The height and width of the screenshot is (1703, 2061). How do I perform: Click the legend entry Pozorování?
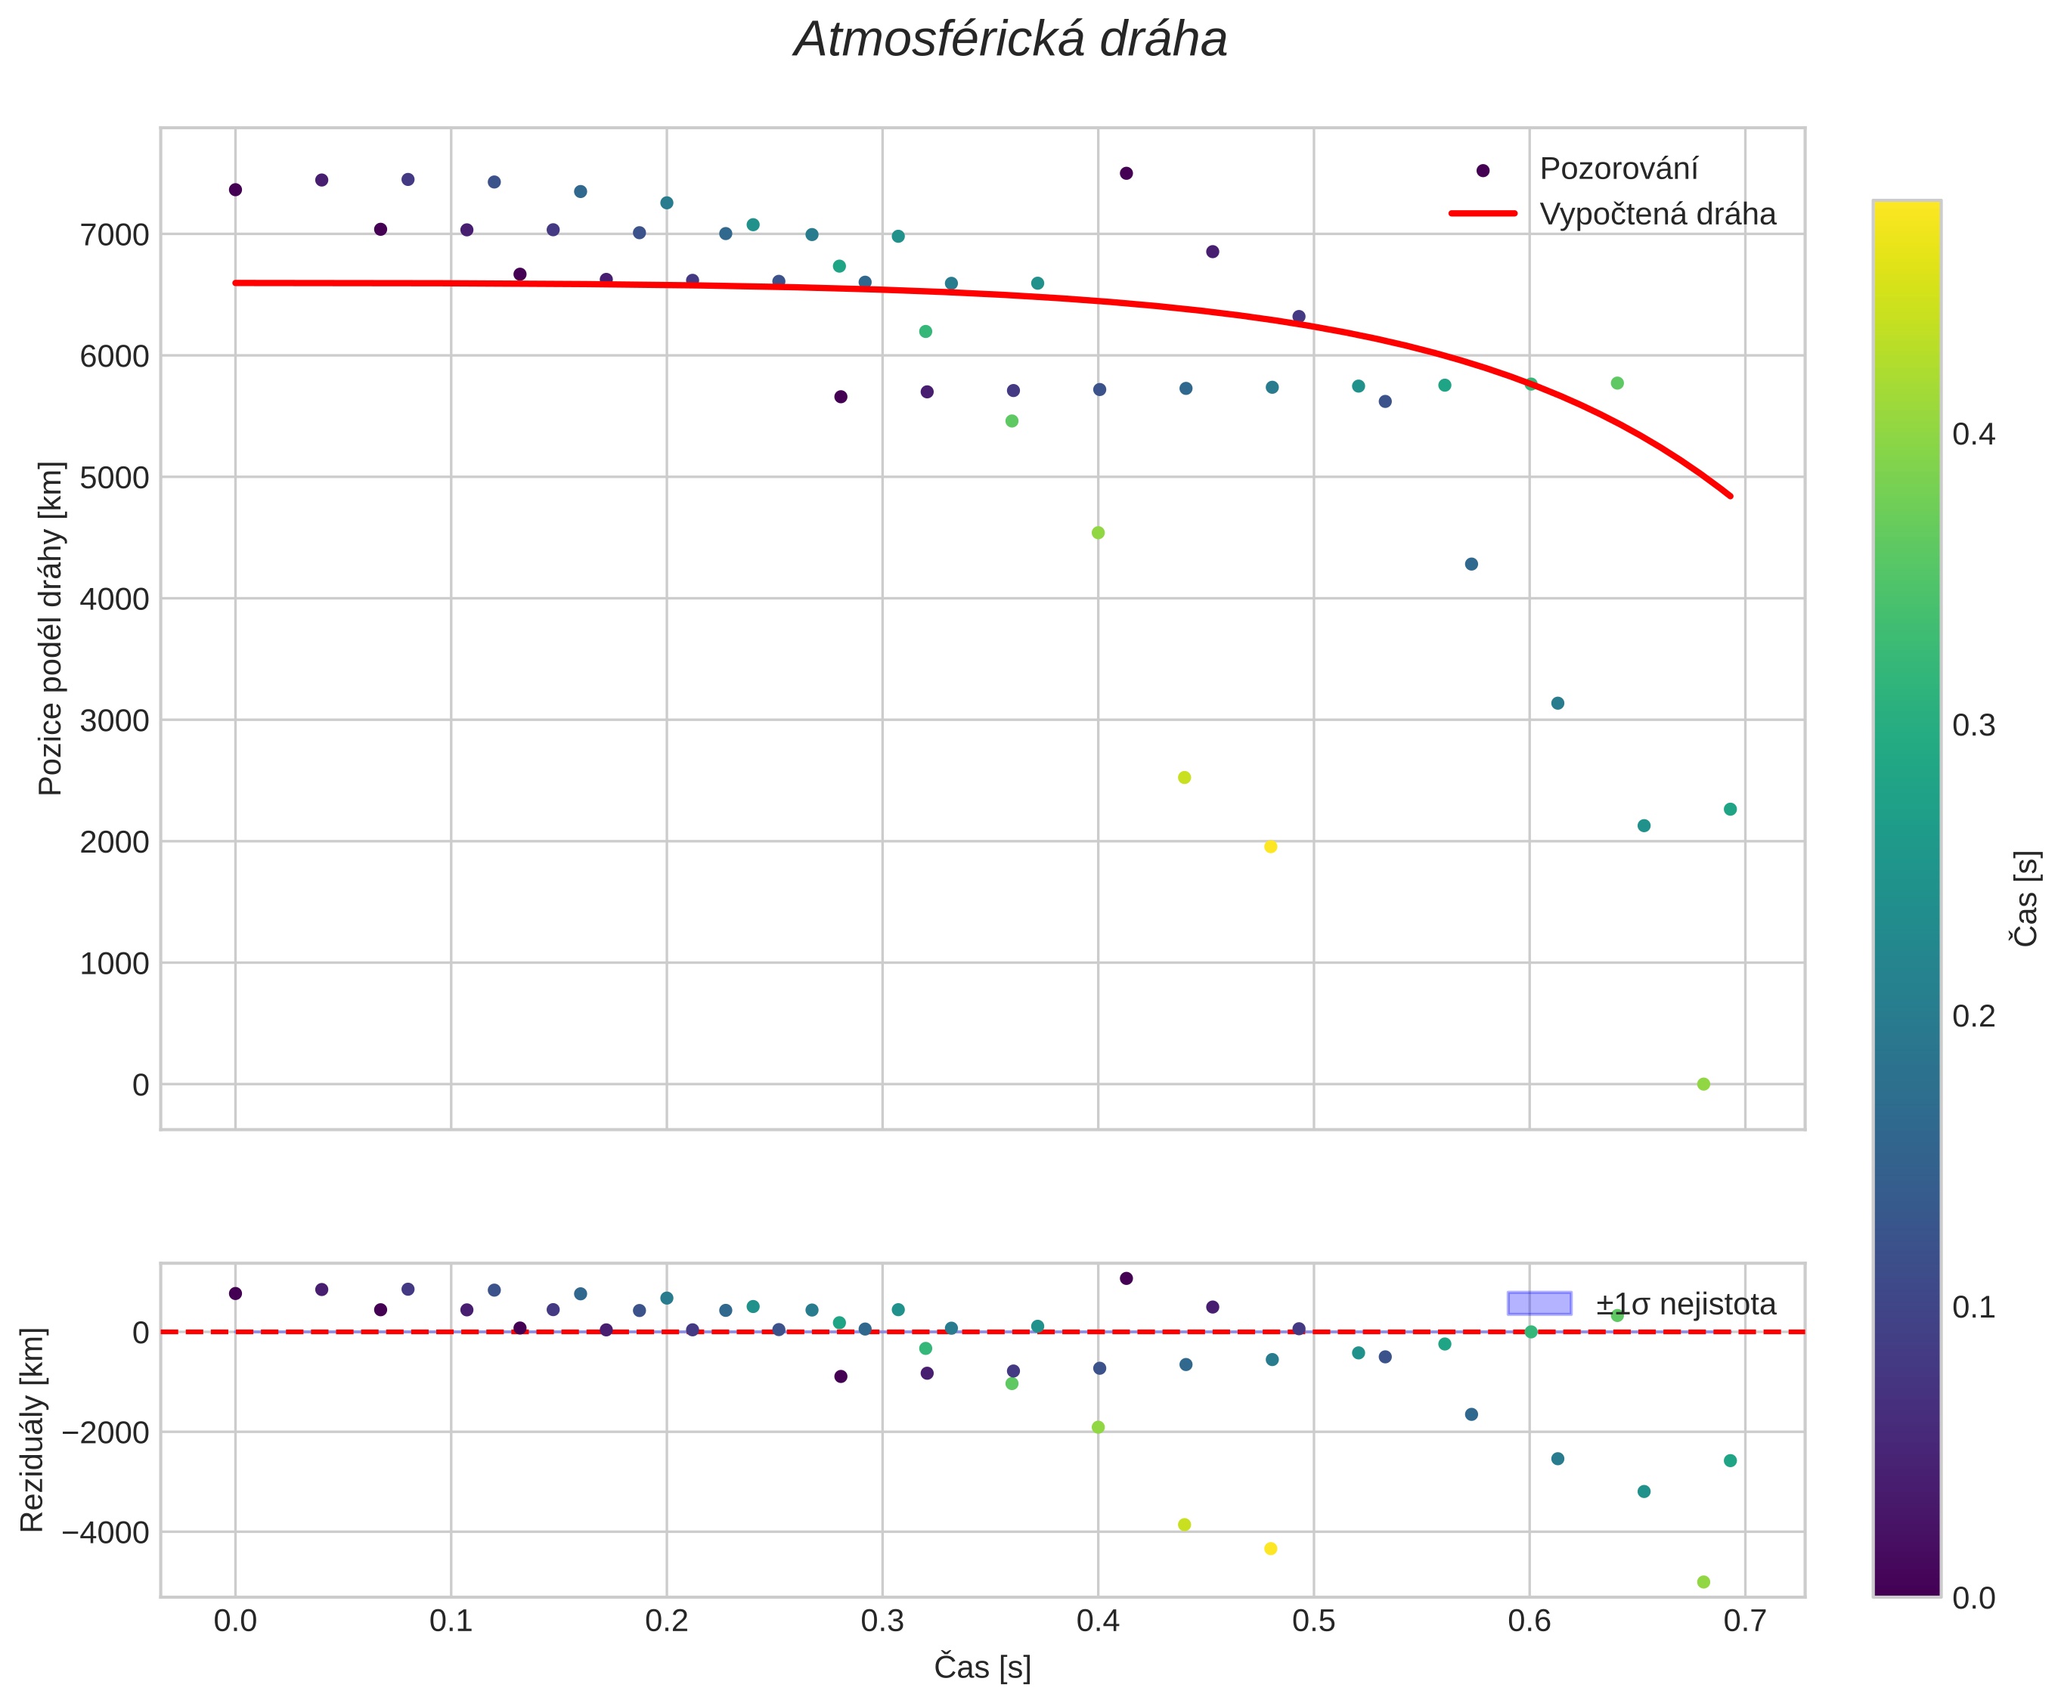1618,169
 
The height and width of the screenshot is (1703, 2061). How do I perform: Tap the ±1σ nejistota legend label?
1684,1304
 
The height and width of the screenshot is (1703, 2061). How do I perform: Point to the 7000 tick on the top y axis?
114,234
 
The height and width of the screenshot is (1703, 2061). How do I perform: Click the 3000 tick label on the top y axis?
114,720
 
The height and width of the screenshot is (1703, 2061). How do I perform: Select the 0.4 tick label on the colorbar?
1973,434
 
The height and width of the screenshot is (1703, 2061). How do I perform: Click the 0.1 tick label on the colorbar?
1973,1308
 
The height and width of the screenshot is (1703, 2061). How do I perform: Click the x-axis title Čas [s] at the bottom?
982,1667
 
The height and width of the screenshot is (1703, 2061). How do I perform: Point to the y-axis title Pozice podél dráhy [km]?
50,628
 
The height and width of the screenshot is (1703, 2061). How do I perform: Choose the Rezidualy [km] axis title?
33,1430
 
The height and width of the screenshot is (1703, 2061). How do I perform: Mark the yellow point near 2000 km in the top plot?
1270,847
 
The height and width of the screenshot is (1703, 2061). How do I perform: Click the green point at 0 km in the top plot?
1703,1084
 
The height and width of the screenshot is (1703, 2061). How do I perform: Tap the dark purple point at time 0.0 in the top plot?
235,189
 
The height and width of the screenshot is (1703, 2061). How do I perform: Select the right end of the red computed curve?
1731,497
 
